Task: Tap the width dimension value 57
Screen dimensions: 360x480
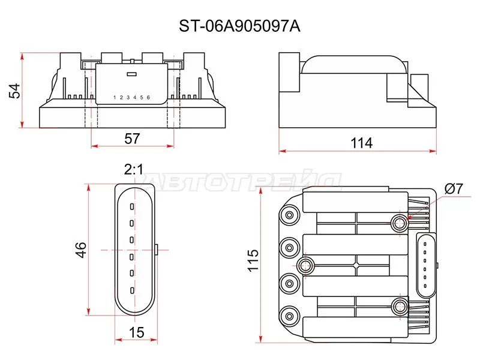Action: (x=131, y=138)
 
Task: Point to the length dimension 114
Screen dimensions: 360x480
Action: (x=362, y=143)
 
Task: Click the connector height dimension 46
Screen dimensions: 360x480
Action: (x=82, y=249)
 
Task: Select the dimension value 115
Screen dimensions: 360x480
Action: (x=254, y=261)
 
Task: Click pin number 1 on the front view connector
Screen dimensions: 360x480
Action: (x=115, y=97)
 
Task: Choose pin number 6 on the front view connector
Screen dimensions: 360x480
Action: (x=148, y=97)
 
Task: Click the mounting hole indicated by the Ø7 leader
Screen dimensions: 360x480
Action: (x=399, y=223)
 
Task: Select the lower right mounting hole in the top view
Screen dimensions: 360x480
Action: (x=399, y=307)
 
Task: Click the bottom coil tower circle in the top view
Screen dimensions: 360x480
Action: (x=290, y=314)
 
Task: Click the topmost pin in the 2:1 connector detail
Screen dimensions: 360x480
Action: (x=131, y=206)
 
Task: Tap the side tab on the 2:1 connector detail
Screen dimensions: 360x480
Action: (x=156, y=248)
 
